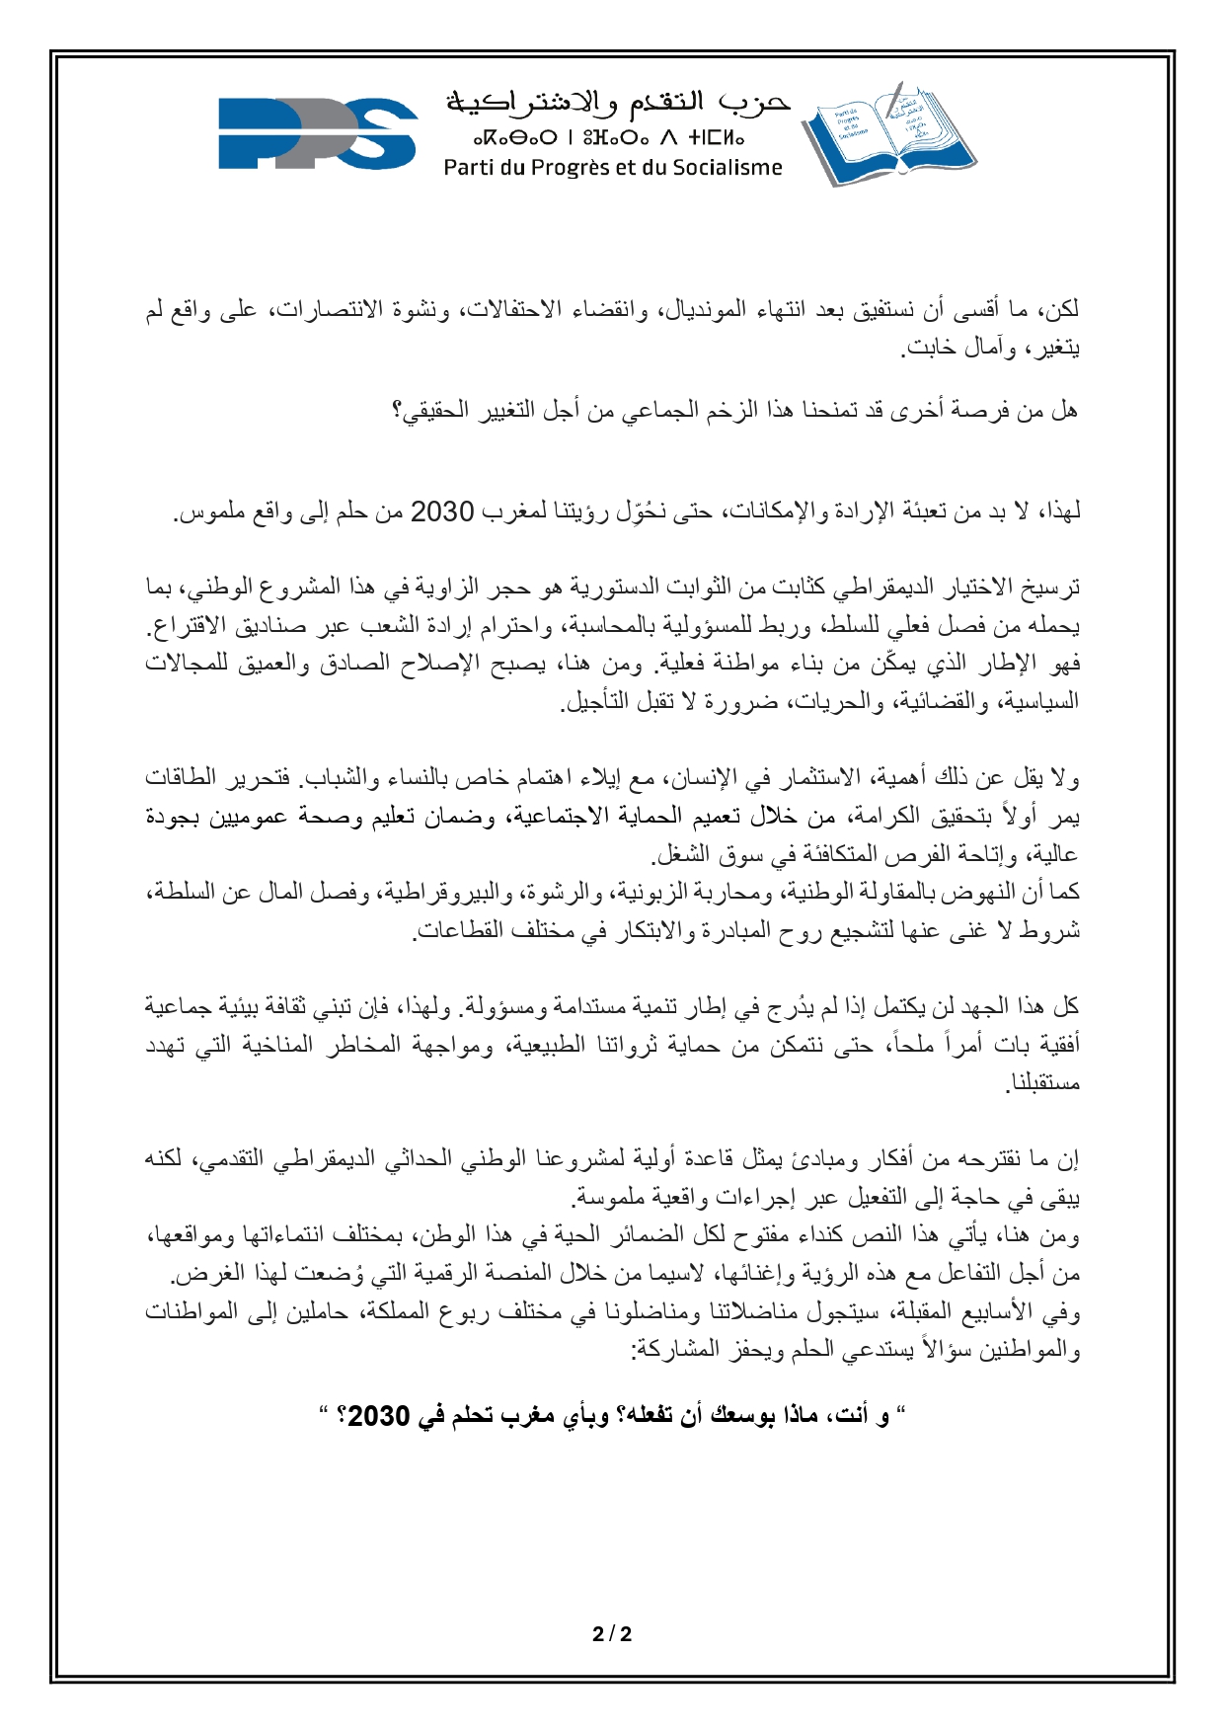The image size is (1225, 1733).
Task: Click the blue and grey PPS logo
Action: [x=318, y=133]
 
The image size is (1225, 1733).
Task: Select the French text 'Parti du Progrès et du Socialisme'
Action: [x=612, y=168]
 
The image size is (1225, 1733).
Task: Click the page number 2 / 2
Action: [x=612, y=1634]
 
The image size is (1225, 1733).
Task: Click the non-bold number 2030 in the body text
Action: [x=443, y=512]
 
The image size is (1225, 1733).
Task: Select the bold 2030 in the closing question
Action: [x=379, y=1417]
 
